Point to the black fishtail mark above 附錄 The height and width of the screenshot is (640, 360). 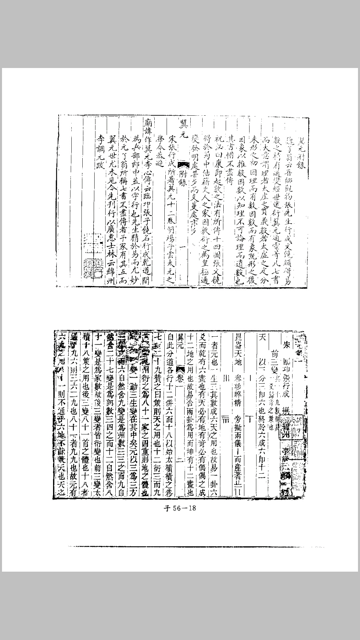183,163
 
